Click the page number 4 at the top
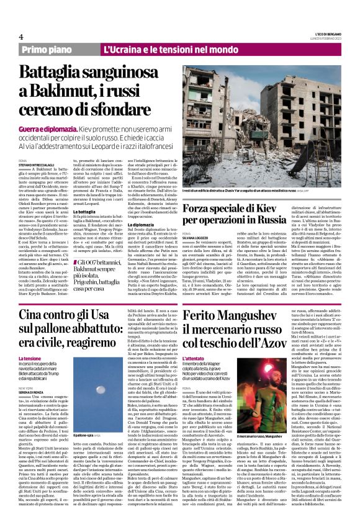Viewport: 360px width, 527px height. [x=21, y=37]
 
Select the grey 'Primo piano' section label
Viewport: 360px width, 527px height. [x=64, y=49]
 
